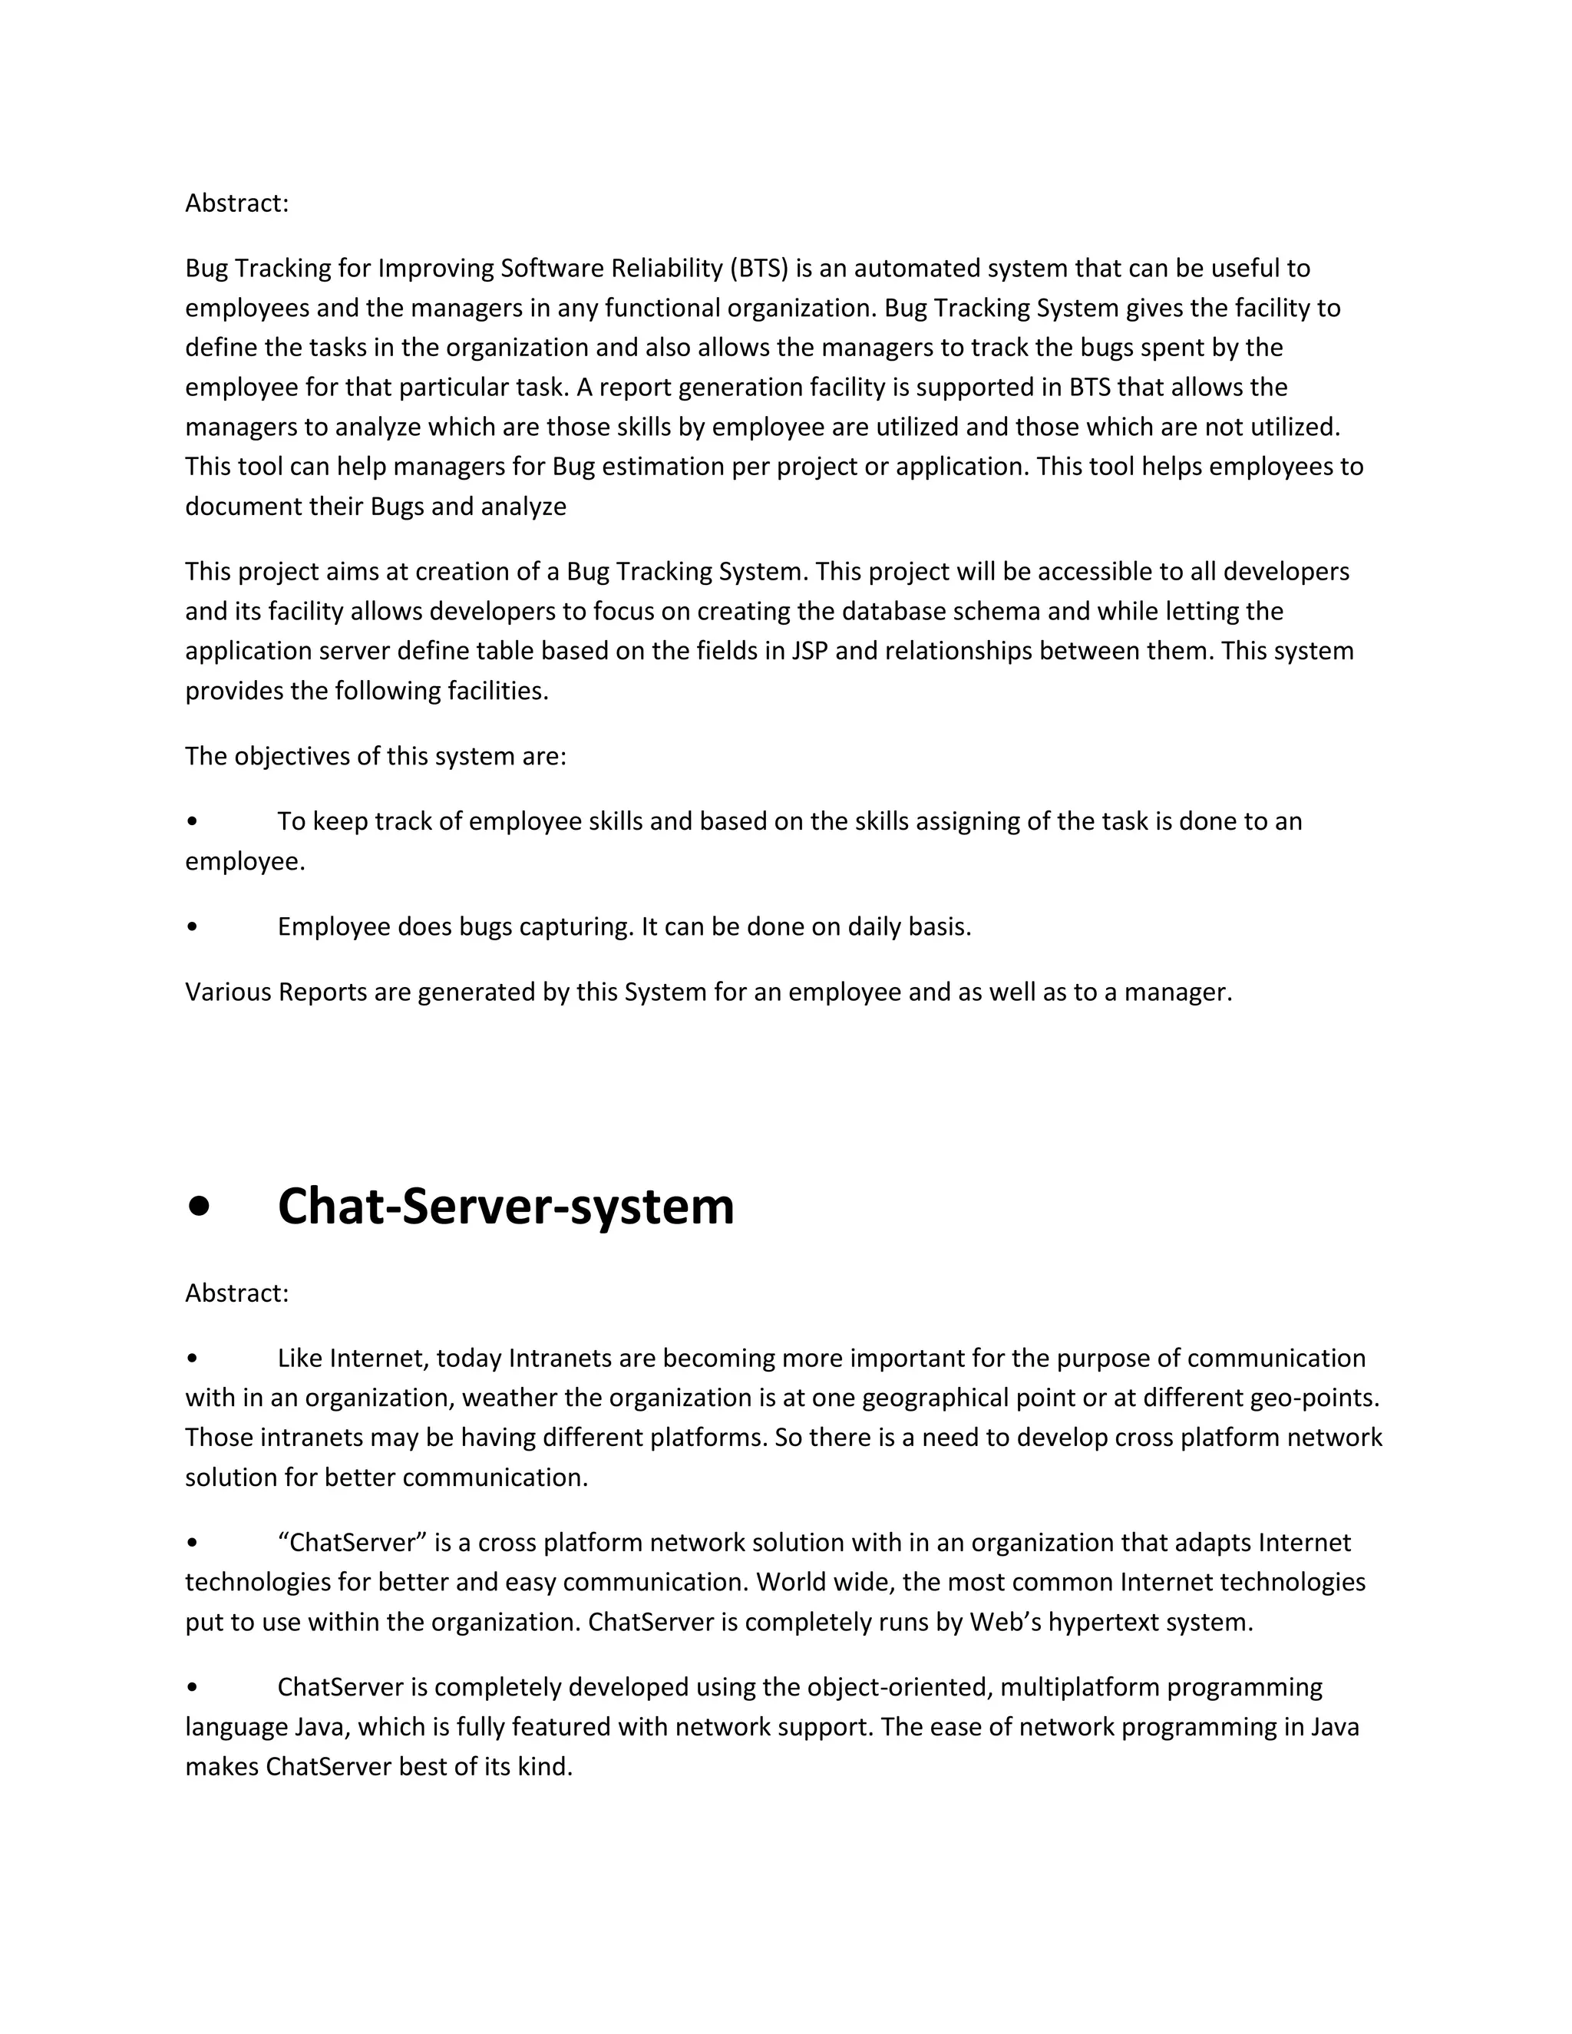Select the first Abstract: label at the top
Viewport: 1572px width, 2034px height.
[x=236, y=203]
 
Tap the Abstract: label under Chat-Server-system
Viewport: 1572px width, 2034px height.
[x=236, y=1293]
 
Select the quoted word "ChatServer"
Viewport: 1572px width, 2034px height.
[x=352, y=1544]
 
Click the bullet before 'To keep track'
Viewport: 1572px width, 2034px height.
[x=192, y=821]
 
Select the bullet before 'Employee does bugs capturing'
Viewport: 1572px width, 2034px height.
[x=192, y=928]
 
